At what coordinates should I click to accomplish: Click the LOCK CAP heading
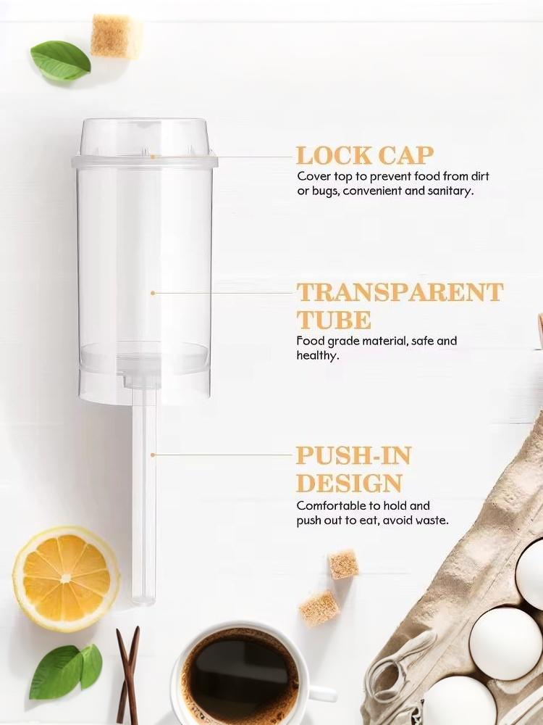click(365, 156)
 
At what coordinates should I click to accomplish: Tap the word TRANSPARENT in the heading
click(400, 292)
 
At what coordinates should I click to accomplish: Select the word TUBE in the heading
click(334, 320)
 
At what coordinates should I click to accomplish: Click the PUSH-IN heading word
click(354, 455)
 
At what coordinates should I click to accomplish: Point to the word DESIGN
click(349, 483)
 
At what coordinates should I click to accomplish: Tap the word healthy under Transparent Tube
click(318, 355)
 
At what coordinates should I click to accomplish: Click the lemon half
click(66, 579)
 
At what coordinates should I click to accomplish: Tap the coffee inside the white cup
click(240, 674)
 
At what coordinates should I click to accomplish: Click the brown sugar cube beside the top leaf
click(116, 36)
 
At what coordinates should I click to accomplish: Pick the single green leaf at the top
click(60, 62)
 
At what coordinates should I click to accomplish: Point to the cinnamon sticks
click(128, 674)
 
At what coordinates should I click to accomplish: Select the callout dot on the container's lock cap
click(153, 157)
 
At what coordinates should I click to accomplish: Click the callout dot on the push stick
click(153, 455)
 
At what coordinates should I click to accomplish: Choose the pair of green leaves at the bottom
click(66, 671)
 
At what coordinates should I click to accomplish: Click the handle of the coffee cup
click(322, 695)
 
